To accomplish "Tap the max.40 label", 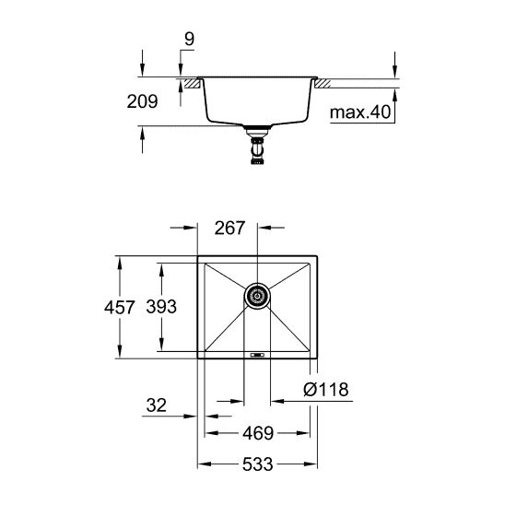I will click(x=359, y=113).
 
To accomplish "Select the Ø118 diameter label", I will click(x=326, y=390).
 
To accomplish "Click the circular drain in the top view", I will click(x=258, y=296).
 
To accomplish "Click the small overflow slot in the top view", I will click(x=258, y=353).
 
